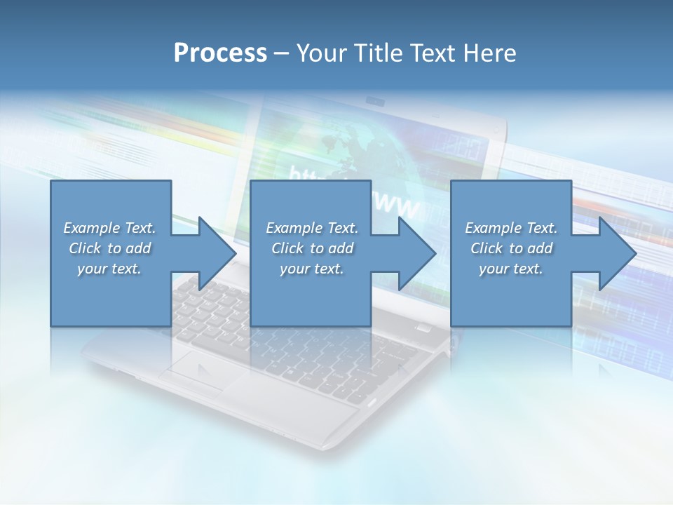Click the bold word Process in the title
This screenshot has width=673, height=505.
point(220,53)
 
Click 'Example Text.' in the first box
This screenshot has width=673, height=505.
point(109,228)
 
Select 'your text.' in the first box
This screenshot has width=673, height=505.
point(109,269)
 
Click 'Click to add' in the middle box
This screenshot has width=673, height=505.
point(312,248)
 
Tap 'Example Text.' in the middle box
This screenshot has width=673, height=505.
point(312,228)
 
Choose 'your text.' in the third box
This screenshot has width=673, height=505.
point(511,269)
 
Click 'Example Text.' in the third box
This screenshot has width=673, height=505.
point(511,228)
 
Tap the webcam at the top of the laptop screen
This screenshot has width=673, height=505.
point(376,103)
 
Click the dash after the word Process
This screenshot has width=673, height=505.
point(282,53)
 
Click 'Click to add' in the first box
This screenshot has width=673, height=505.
point(109,248)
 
